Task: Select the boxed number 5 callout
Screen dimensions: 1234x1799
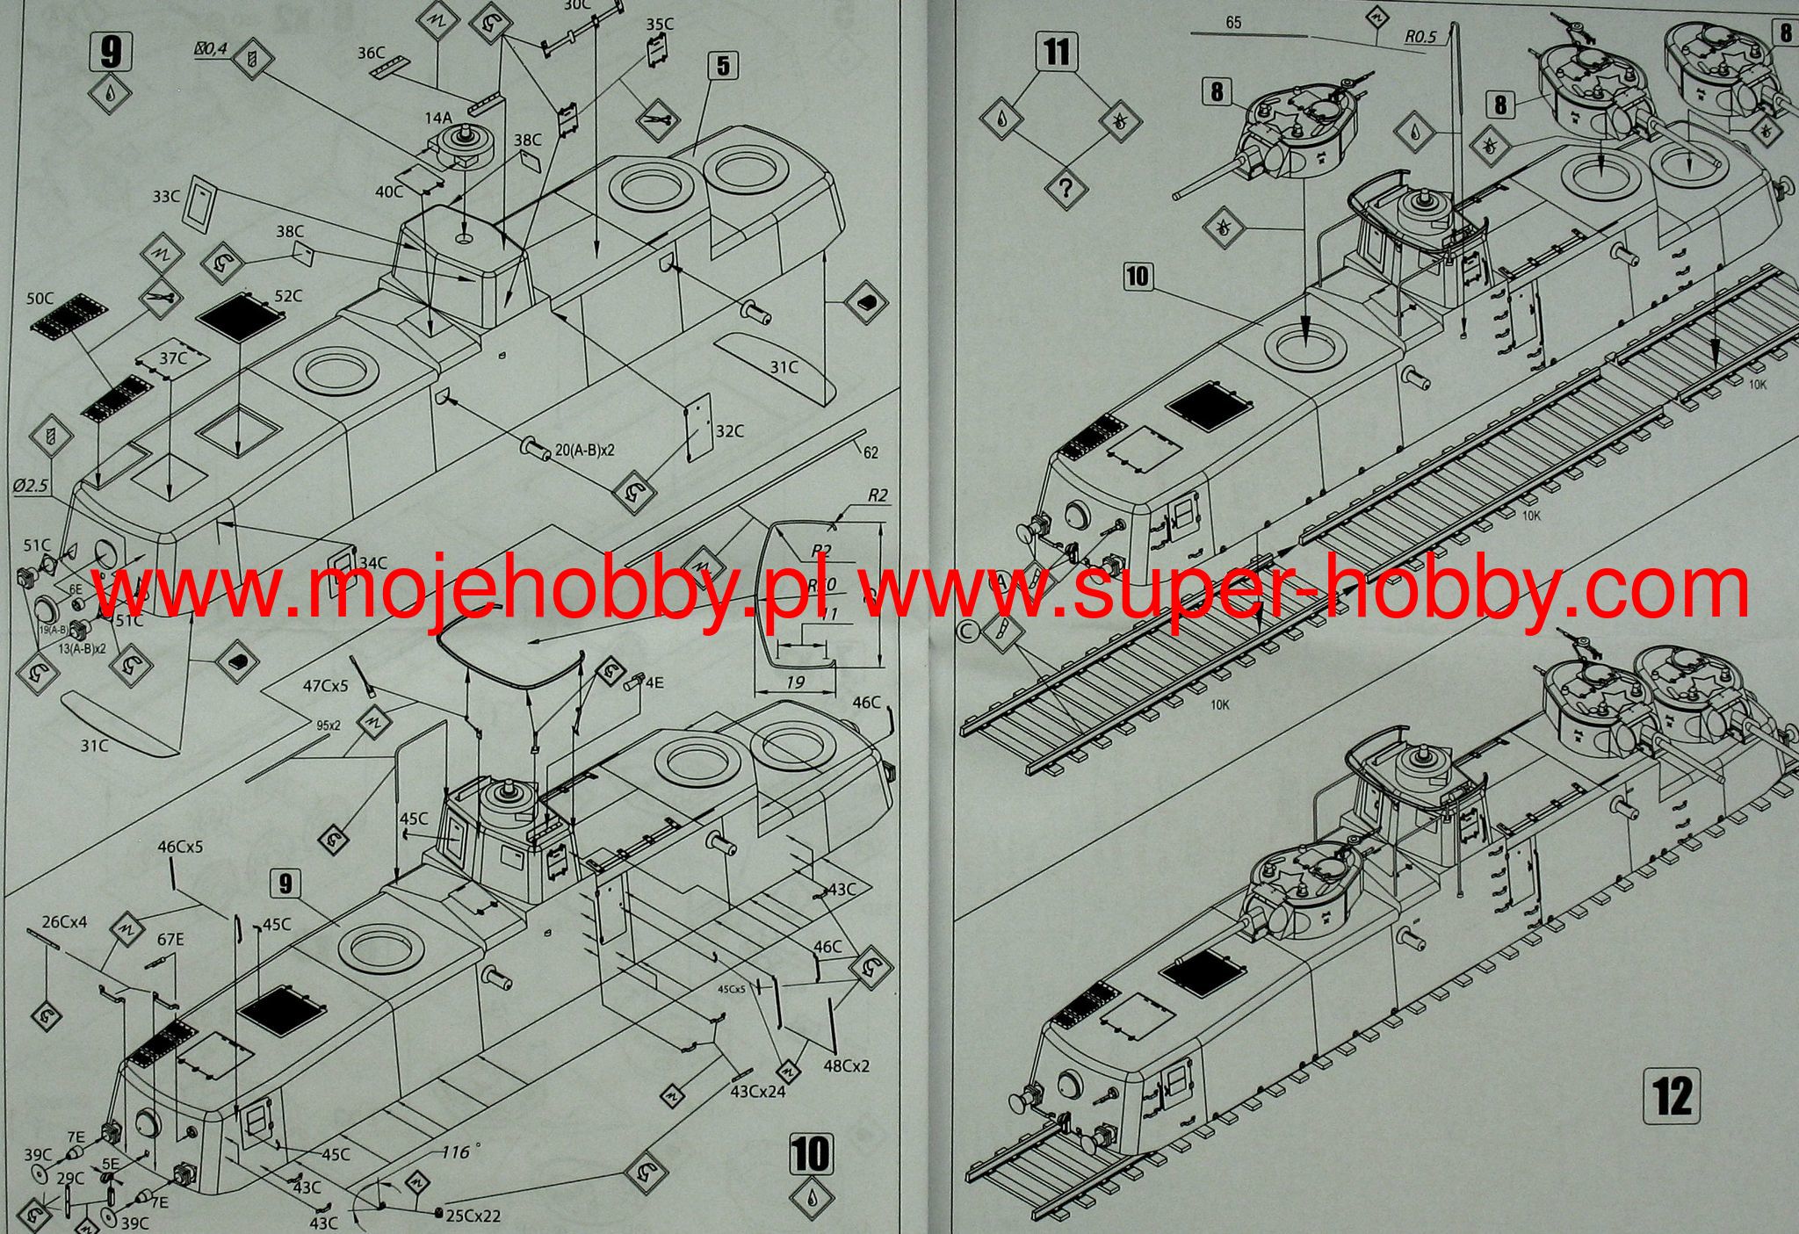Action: (x=722, y=66)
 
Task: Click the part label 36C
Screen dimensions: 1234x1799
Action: (x=372, y=54)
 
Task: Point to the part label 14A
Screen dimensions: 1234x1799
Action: (x=438, y=117)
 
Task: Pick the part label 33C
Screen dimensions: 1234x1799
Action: (x=166, y=198)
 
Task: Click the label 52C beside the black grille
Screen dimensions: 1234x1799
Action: (x=289, y=296)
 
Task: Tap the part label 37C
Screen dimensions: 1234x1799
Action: (x=173, y=358)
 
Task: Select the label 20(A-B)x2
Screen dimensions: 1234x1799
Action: (x=585, y=449)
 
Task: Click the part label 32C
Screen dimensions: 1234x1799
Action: (x=730, y=431)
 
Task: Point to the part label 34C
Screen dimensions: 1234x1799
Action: (x=372, y=562)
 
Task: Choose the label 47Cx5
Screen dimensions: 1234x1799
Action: (x=326, y=685)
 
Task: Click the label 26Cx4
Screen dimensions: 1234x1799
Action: (x=65, y=921)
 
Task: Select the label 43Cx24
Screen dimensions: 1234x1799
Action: (x=758, y=1091)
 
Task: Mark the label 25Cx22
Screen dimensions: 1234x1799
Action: (x=473, y=1216)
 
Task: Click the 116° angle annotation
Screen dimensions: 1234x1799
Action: (x=456, y=1151)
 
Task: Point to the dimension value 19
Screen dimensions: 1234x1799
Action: (x=796, y=682)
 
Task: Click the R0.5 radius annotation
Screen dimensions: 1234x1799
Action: (x=1420, y=37)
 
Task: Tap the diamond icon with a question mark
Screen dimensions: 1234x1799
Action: (x=1066, y=187)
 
